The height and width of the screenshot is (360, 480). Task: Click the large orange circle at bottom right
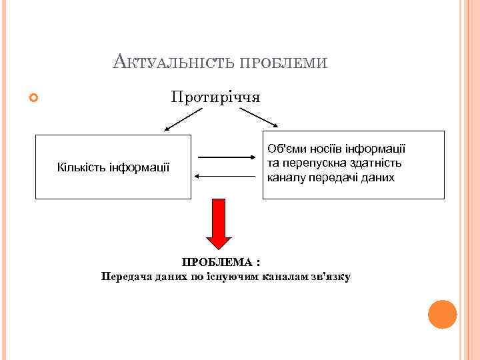pos(442,314)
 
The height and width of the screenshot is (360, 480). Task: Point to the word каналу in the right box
pos(285,178)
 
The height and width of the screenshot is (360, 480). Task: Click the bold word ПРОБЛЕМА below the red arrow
pos(217,263)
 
